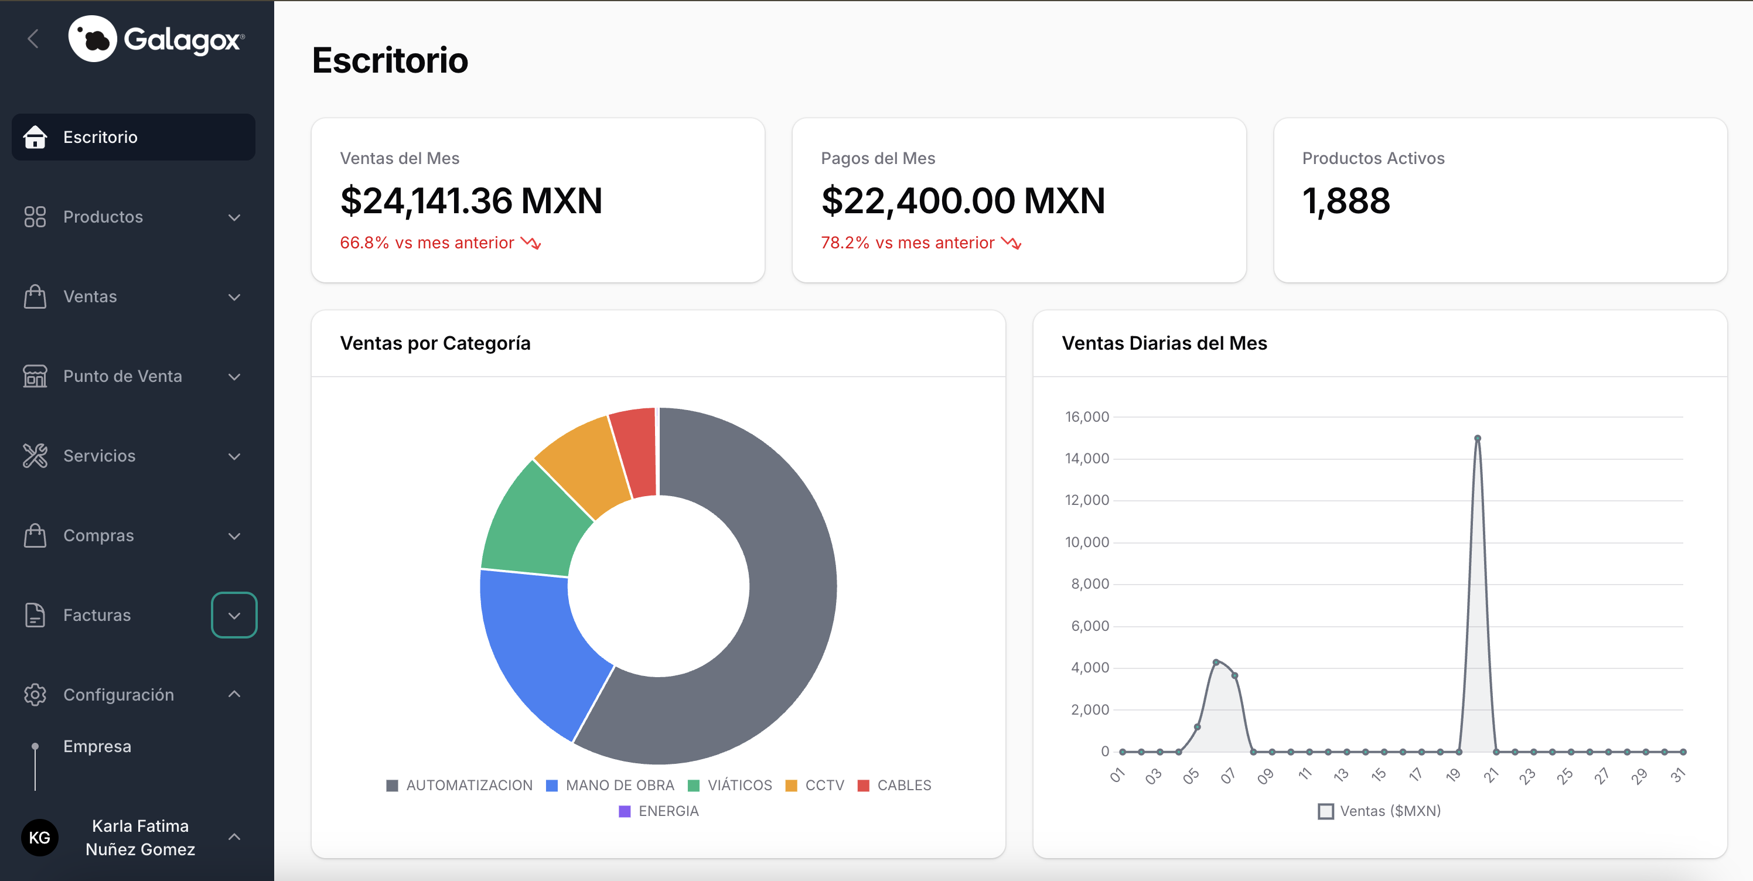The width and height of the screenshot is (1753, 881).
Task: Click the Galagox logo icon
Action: (93, 39)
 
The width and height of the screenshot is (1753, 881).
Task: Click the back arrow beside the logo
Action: (33, 39)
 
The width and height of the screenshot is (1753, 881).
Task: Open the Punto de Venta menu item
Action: (122, 376)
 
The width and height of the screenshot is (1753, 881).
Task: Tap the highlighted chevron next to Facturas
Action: (234, 615)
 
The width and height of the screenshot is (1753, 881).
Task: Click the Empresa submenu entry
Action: (97, 746)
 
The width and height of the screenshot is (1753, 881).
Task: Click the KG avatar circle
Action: (39, 838)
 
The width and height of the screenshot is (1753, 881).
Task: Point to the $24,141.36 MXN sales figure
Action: (471, 201)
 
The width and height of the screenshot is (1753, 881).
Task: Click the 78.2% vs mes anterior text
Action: (907, 243)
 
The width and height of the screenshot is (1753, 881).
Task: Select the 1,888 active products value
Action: (1345, 201)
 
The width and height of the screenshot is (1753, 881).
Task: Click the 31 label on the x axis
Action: (1677, 775)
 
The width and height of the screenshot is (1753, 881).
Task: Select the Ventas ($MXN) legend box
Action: (1326, 811)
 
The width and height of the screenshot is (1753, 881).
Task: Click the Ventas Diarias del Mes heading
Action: (1164, 343)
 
